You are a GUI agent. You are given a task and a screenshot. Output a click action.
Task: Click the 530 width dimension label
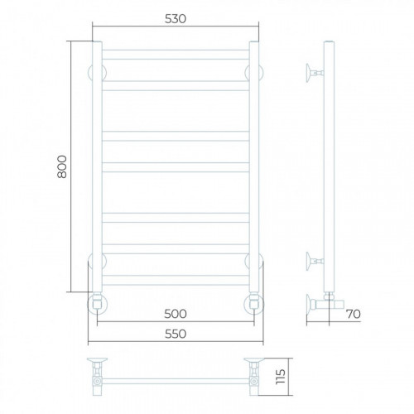click(x=176, y=19)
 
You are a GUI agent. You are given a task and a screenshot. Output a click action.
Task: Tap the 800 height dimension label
click(x=62, y=166)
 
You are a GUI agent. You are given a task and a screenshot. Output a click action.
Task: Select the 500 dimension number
click(x=176, y=314)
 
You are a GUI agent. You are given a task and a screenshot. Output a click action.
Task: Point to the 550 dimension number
click(x=176, y=334)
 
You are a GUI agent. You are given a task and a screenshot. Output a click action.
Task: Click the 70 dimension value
click(x=354, y=314)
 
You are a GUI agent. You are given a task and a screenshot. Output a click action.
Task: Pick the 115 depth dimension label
click(x=281, y=377)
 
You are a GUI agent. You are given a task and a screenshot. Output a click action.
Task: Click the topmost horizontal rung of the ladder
click(x=176, y=55)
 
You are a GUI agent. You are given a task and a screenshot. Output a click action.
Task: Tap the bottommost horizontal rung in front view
click(x=176, y=280)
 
